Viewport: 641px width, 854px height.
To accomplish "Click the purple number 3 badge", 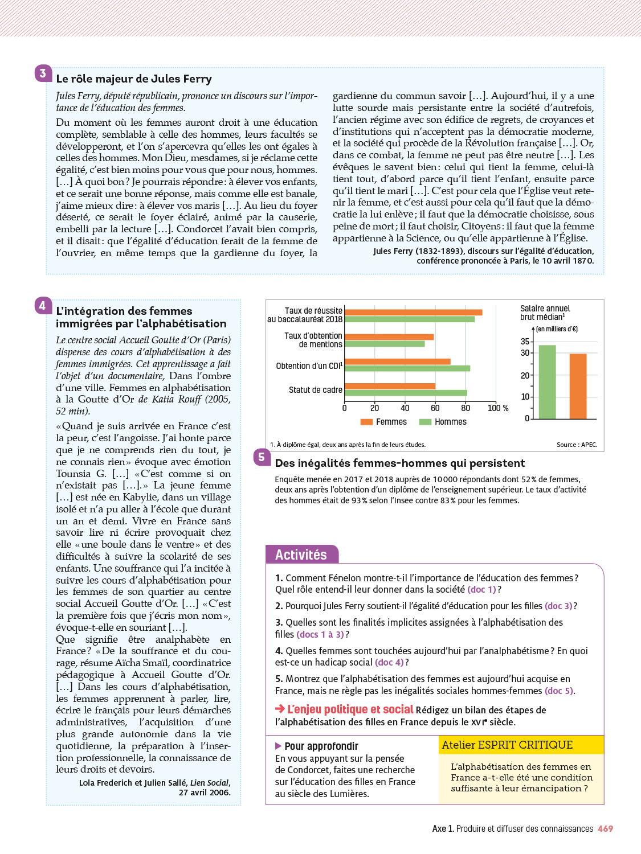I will coord(43,73).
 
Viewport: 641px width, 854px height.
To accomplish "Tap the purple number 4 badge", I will coord(43,306).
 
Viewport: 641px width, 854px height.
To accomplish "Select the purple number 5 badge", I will coord(262,457).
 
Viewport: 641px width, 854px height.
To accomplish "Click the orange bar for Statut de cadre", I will coord(390,386).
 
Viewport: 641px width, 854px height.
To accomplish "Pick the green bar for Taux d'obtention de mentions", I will coord(385,344).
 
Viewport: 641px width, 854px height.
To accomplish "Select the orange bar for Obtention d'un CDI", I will coord(397,362).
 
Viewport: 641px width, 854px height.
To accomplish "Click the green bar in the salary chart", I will coord(547,382).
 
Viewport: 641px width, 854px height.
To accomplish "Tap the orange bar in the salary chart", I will coord(578,386).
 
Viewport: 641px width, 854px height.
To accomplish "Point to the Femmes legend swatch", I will coord(366,422).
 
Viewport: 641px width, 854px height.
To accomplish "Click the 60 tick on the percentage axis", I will coord(435,408).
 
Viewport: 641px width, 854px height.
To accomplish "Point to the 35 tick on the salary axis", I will coord(525,342).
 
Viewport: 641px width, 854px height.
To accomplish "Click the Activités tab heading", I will coord(301,555).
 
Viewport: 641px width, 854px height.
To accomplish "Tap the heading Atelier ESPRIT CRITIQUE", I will coord(507,745).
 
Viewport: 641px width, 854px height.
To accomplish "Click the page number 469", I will coord(605,829).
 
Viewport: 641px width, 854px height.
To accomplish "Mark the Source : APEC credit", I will coord(577,445).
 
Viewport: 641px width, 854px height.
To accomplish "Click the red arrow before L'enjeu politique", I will coord(280,709).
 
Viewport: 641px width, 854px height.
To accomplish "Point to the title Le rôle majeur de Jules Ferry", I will coord(134,79).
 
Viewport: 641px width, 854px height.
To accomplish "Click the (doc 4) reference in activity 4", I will coord(389,662).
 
